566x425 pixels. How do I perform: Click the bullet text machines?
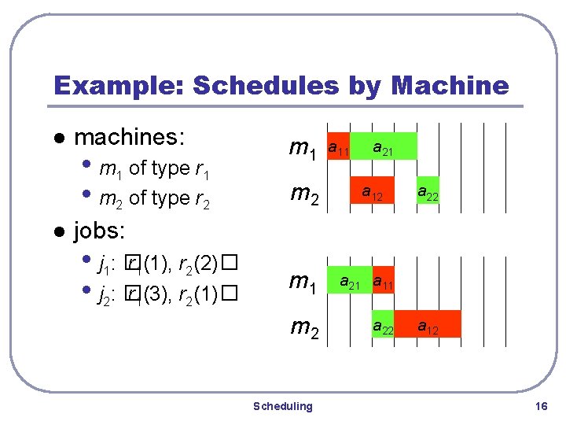pyautogui.click(x=129, y=138)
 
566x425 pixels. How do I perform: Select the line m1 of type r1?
pyautogui.click(x=152, y=168)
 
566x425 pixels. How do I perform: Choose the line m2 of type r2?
pyautogui.click(x=152, y=198)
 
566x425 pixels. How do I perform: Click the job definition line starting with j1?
pyautogui.click(x=166, y=262)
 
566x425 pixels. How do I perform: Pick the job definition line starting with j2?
pyautogui.click(x=166, y=295)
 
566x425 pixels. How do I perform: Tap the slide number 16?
pyautogui.click(x=540, y=406)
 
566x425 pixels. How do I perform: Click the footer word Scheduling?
pyautogui.click(x=282, y=406)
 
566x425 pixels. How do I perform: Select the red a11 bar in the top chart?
pyautogui.click(x=339, y=146)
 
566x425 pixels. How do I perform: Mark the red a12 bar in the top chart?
pyautogui.click(x=372, y=190)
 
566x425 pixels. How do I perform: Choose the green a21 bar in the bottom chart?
pyautogui.click(x=349, y=280)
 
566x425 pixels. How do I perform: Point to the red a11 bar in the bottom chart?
pyautogui.click(x=383, y=280)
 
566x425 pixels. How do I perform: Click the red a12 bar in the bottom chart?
pyautogui.click(x=428, y=323)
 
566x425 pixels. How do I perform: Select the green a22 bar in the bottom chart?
pyautogui.click(x=383, y=323)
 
